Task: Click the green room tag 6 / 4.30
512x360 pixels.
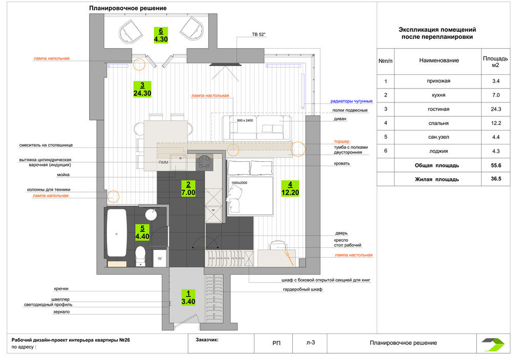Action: pyautogui.click(x=161, y=35)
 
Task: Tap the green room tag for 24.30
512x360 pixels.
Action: pyautogui.click(x=142, y=89)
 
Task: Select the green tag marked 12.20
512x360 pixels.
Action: pyautogui.click(x=290, y=189)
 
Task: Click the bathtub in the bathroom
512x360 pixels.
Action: pyautogui.click(x=117, y=232)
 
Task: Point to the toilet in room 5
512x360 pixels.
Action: pyautogui.click(x=140, y=256)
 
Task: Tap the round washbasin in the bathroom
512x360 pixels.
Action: pyautogui.click(x=151, y=215)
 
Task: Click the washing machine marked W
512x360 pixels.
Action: pyautogui.click(x=160, y=258)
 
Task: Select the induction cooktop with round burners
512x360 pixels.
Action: pyautogui.click(x=204, y=162)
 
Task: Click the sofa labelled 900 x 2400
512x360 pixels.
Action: pyautogui.click(x=257, y=128)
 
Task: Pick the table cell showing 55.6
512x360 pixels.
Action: pyautogui.click(x=496, y=165)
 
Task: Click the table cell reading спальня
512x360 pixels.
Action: pyautogui.click(x=438, y=123)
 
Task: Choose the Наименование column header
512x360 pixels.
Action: pyautogui.click(x=439, y=60)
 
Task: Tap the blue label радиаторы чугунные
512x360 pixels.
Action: pyautogui.click(x=351, y=101)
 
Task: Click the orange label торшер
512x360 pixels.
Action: pyautogui.click(x=342, y=141)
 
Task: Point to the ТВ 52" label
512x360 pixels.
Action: pyautogui.click(x=259, y=34)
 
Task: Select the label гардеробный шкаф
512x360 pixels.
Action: pyautogui.click(x=303, y=289)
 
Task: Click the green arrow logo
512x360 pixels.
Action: pyautogui.click(x=493, y=344)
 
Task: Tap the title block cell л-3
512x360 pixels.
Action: pyautogui.click(x=310, y=343)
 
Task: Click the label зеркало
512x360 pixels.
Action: pyautogui.click(x=61, y=312)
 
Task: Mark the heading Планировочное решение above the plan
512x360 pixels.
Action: pyautogui.click(x=127, y=8)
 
